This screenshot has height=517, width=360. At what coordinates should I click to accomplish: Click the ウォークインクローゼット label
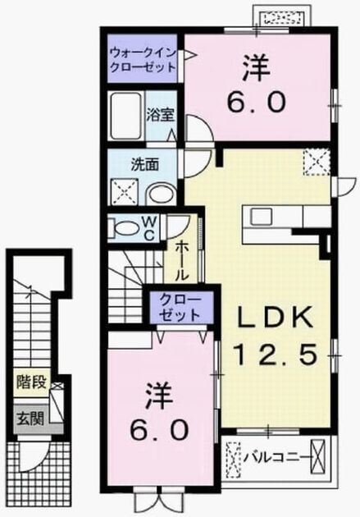click(x=143, y=60)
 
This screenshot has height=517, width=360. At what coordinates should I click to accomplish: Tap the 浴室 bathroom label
click(x=161, y=115)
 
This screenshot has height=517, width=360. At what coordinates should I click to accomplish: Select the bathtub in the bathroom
click(x=126, y=116)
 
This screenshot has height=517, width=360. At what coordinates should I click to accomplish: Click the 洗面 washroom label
click(x=145, y=164)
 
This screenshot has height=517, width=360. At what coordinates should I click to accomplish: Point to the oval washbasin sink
click(x=161, y=195)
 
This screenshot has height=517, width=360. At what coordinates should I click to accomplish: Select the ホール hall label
click(x=181, y=260)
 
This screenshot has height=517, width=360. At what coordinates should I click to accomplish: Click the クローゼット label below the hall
click(x=180, y=308)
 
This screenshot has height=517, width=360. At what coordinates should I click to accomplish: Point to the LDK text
click(x=274, y=318)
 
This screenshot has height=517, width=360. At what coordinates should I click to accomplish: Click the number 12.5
click(x=276, y=354)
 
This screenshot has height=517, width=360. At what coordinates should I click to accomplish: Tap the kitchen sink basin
click(x=261, y=217)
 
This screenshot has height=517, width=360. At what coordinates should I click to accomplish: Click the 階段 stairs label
click(x=33, y=382)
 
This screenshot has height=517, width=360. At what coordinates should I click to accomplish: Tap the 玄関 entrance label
click(x=30, y=419)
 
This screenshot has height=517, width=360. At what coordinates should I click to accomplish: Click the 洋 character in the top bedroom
click(x=257, y=67)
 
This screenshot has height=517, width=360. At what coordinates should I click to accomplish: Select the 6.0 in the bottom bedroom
click(x=160, y=431)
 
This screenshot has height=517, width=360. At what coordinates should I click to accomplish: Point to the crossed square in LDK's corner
click(x=317, y=162)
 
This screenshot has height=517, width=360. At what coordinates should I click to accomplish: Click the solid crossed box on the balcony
click(x=318, y=457)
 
